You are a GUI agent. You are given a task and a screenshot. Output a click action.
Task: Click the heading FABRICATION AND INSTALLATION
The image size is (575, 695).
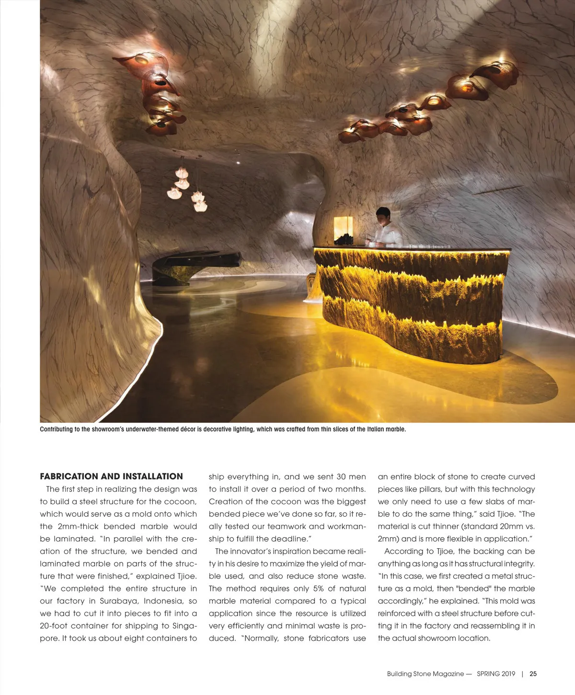coord(111,476)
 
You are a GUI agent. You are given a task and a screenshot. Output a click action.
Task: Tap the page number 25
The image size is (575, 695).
coord(533,673)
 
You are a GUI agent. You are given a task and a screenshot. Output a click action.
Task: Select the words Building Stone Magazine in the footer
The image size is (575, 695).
coord(425,673)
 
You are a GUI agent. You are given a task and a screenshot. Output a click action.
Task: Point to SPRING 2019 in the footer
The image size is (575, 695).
coord(495,673)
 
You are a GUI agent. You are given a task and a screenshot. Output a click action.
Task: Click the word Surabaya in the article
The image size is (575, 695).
coord(118,601)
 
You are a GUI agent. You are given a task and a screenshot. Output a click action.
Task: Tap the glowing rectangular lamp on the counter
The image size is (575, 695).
coord(343,229)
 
